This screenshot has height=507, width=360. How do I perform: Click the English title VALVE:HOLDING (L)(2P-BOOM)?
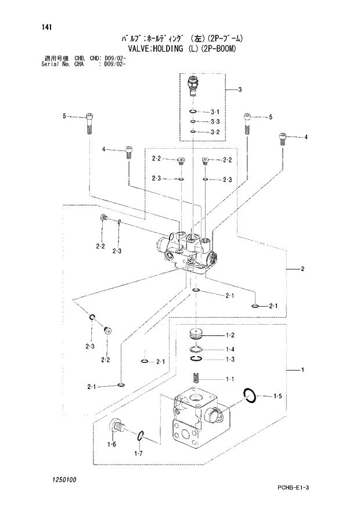point(179,49)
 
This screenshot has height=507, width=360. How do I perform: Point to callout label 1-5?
point(278,397)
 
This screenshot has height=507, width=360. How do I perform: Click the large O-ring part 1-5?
point(250,396)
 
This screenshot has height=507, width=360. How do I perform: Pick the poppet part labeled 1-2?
point(196,336)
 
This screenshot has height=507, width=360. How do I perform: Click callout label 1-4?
point(229,349)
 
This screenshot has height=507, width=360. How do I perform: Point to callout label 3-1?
point(215,112)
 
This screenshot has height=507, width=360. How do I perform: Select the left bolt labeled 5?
point(89,122)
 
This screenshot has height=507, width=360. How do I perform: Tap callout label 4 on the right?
point(306,137)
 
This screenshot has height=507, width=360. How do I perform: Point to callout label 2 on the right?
point(303,269)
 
